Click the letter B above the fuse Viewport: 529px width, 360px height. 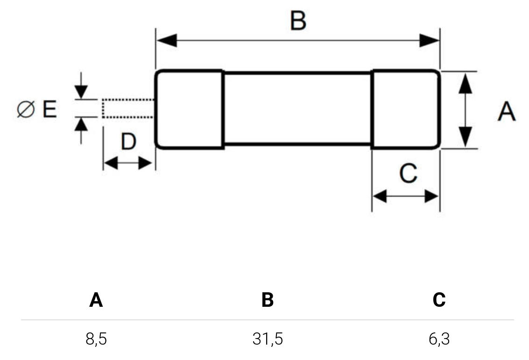(298, 21)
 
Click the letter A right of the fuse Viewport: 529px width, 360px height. (506, 112)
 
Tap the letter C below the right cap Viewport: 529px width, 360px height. (408, 174)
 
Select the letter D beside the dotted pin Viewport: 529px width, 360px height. (128, 141)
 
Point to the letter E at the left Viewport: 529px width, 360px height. (49, 110)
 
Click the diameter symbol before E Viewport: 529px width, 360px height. (26, 110)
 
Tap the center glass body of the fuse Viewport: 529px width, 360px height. (297, 109)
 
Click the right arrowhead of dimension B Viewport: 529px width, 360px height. (429, 41)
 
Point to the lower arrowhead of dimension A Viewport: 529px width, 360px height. (465, 137)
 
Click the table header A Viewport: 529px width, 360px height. (96, 300)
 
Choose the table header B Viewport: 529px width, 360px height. (267, 300)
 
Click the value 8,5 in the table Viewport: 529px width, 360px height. (96, 339)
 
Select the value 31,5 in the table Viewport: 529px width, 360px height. (268, 339)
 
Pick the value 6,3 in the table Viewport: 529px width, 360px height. (439, 339)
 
